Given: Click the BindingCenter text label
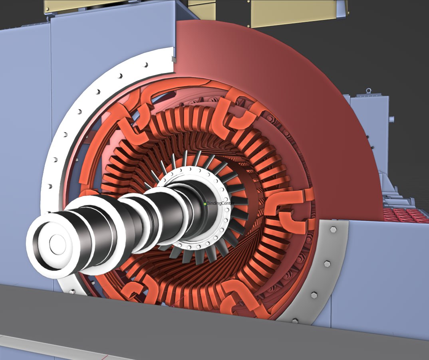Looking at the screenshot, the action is pyautogui.click(x=220, y=204).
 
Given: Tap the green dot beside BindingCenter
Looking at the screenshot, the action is pyautogui.click(x=205, y=204).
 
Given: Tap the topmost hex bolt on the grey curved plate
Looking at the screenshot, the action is pyautogui.click(x=333, y=229).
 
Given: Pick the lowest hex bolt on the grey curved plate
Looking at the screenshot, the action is pyautogui.click(x=295, y=320).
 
